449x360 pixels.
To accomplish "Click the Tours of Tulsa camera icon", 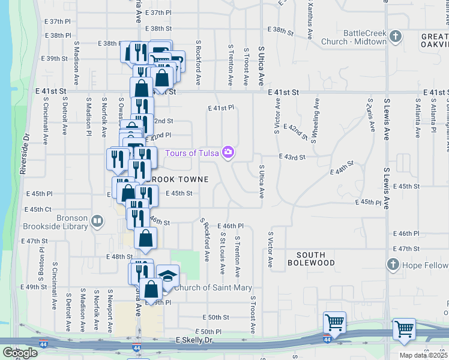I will tap(228, 152).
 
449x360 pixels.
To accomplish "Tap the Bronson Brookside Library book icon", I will tap(97, 222).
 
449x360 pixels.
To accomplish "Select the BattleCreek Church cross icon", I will tap(395, 37).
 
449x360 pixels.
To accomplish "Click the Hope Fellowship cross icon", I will tap(393, 265).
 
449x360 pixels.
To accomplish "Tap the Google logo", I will tap(20, 353).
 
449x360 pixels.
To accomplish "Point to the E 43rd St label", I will tap(292, 157).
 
